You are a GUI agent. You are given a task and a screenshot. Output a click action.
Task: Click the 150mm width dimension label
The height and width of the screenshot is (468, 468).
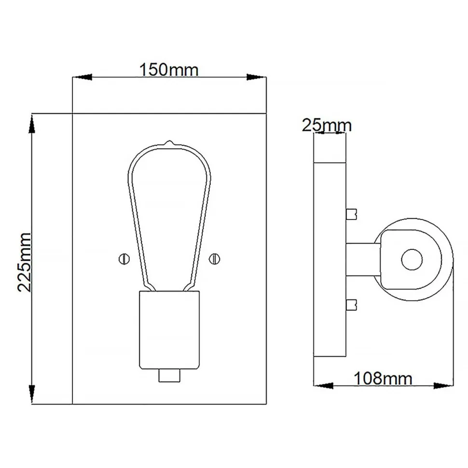[x=169, y=70]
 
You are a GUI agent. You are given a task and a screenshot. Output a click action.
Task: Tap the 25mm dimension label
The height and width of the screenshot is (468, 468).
[x=327, y=125]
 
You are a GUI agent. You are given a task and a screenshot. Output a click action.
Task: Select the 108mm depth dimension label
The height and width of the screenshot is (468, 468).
[x=383, y=378]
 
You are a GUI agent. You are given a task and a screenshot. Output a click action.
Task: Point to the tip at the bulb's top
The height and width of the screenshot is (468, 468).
[x=168, y=143]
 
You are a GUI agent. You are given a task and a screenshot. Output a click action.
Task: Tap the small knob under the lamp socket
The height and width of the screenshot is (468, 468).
[x=168, y=375]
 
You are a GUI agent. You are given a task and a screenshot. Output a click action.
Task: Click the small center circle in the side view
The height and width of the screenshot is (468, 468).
[x=412, y=260]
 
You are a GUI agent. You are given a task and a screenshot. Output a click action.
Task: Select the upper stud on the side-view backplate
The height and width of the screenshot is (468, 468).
[x=352, y=213]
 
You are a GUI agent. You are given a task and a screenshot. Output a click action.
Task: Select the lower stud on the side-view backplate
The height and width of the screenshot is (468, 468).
[x=352, y=304]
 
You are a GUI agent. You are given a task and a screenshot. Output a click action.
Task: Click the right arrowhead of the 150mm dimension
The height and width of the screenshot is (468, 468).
[x=256, y=77]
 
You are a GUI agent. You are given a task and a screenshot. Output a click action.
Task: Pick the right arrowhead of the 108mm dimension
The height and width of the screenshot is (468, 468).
[x=443, y=385]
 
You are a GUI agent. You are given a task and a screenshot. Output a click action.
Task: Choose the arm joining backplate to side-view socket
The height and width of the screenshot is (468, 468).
[x=362, y=259]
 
